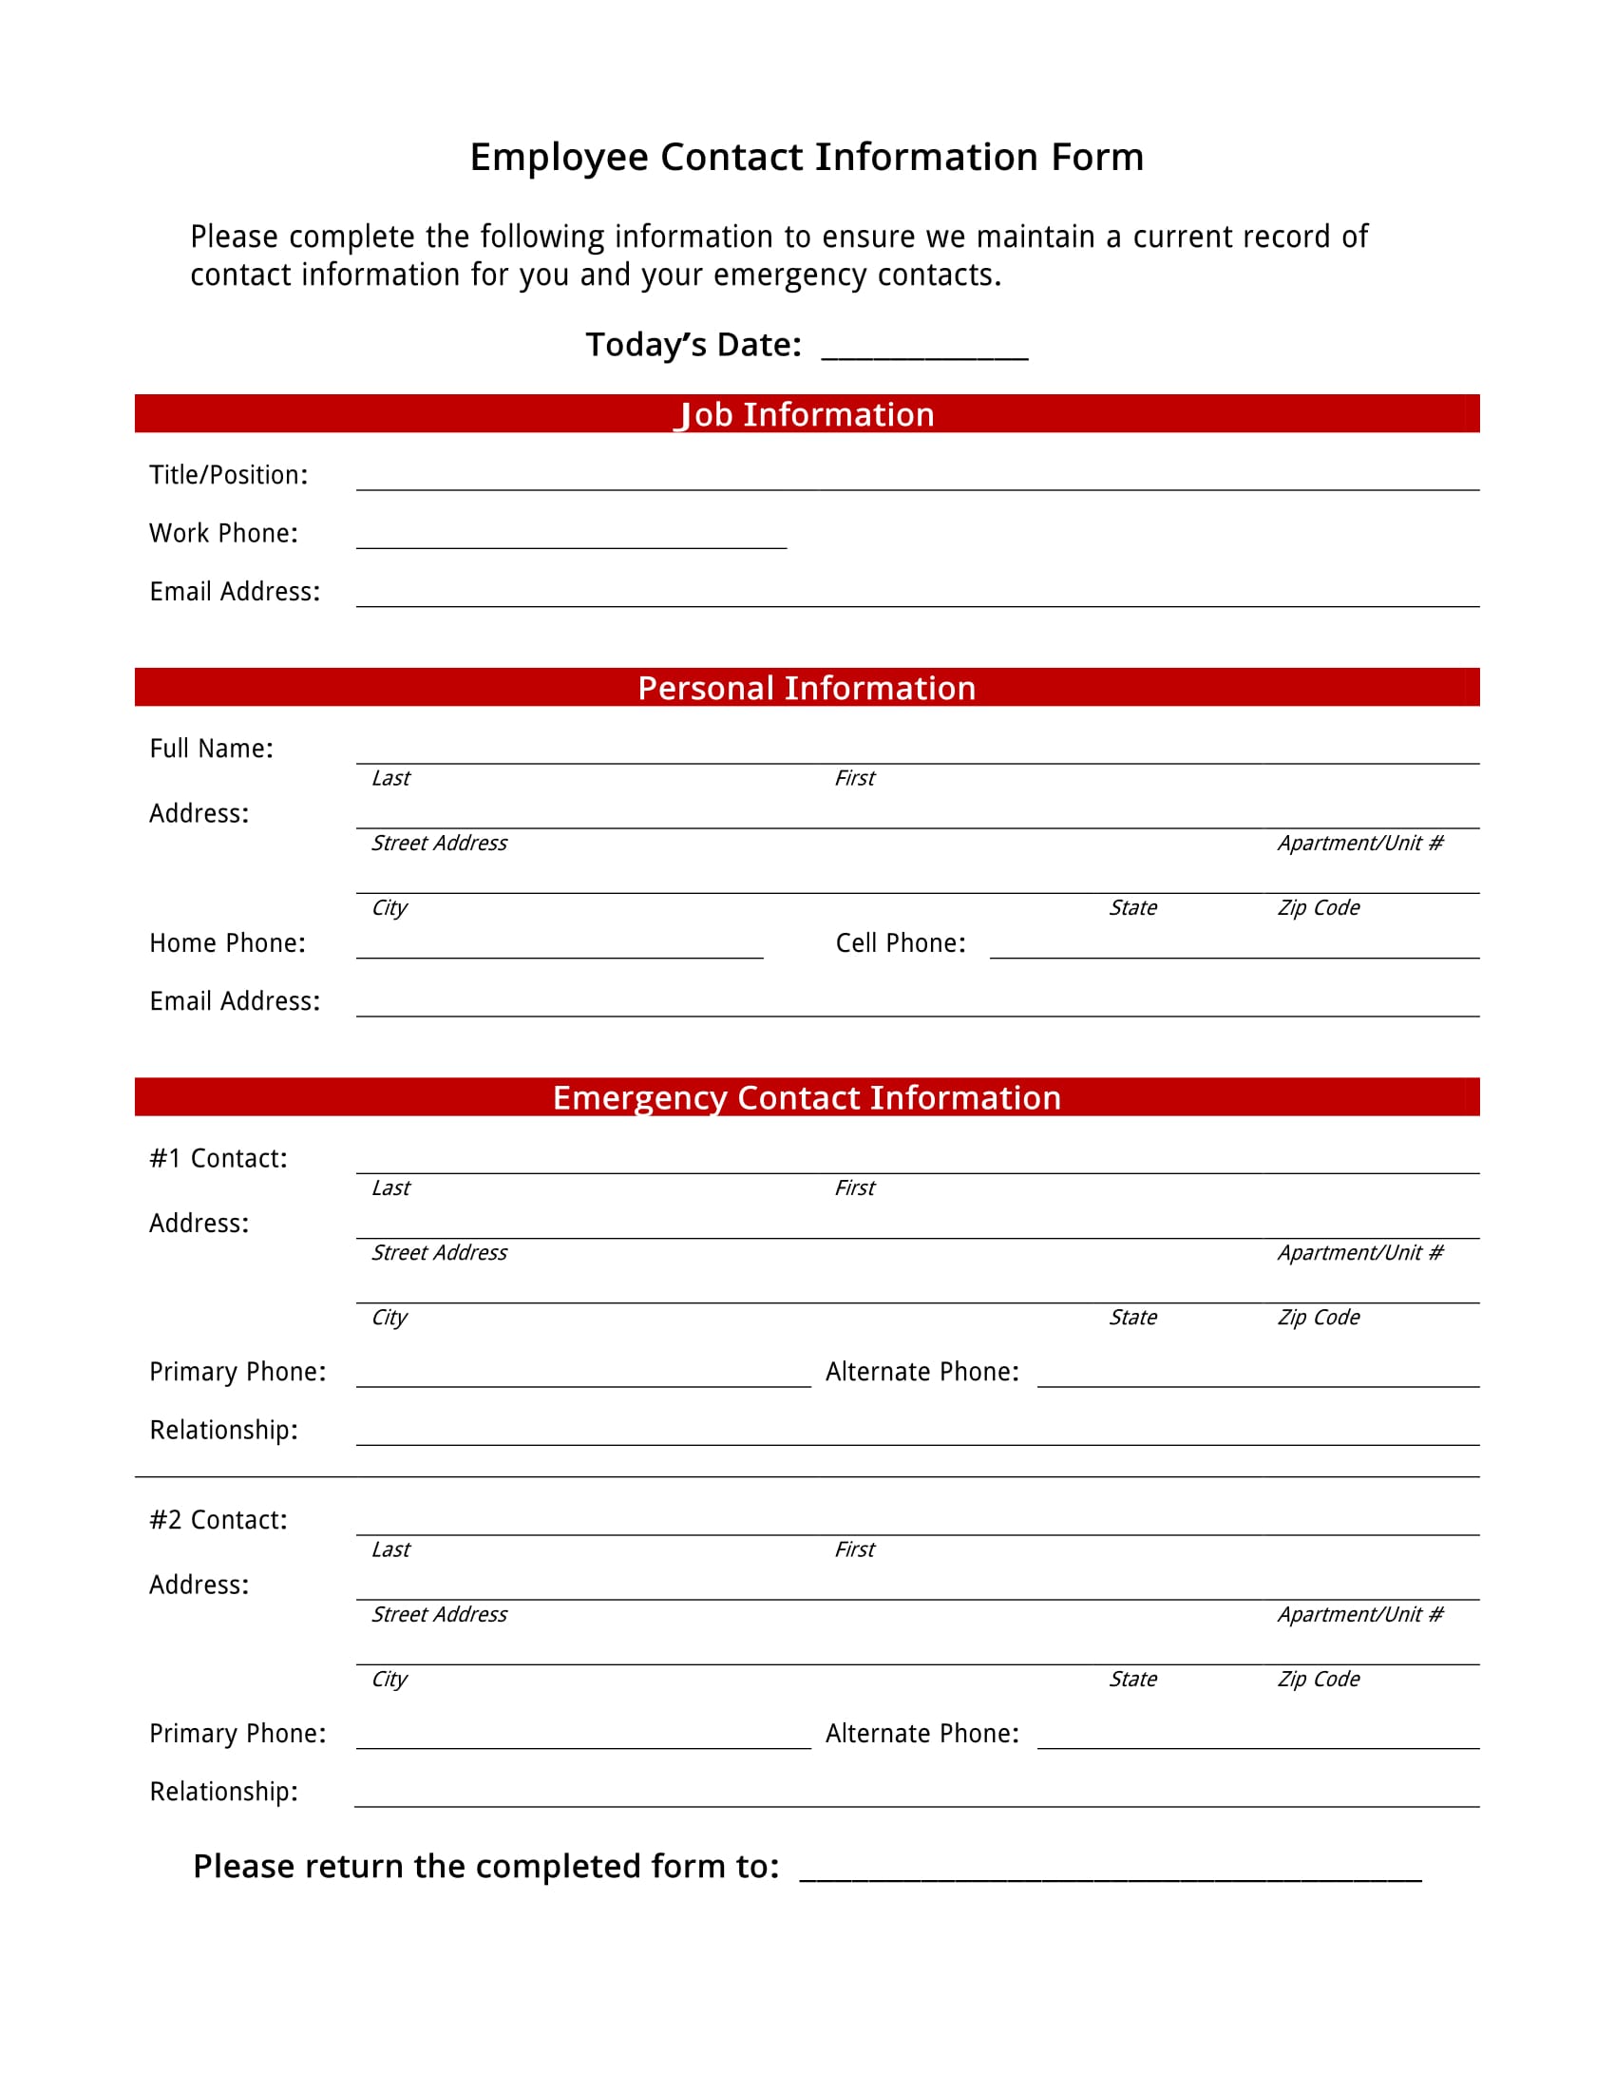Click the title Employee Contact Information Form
pyautogui.click(x=807, y=157)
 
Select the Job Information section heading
pyautogui.click(x=807, y=414)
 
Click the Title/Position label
pyautogui.click(x=229, y=475)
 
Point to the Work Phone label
pyautogui.click(x=224, y=533)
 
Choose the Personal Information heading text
pyautogui.click(x=807, y=688)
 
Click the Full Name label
pyautogui.click(x=212, y=749)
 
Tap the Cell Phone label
pyautogui.click(x=901, y=942)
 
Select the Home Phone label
pyautogui.click(x=228, y=942)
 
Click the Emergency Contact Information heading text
pyautogui.click(x=807, y=1097)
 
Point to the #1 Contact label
pyautogui.click(x=218, y=1158)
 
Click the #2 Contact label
pyautogui.click(x=218, y=1520)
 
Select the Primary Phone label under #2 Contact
pyautogui.click(x=237, y=1733)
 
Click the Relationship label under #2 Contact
pyautogui.click(x=224, y=1792)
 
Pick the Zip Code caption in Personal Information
pyautogui.click(x=1319, y=907)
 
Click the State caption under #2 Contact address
pyautogui.click(x=1132, y=1679)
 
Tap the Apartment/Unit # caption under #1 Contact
pyautogui.click(x=1359, y=1253)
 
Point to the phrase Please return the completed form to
pyautogui.click(x=486, y=1866)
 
